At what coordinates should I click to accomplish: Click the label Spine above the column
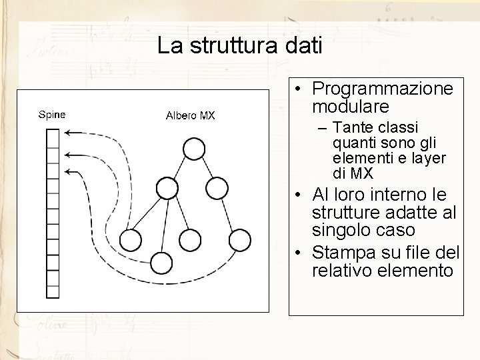click(x=51, y=114)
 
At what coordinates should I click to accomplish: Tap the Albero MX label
click(x=190, y=116)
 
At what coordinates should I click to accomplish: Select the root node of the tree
click(x=193, y=149)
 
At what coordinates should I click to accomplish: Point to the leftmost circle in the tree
click(x=131, y=239)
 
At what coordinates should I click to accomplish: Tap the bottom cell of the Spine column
click(x=53, y=297)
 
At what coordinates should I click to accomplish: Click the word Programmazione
click(x=382, y=89)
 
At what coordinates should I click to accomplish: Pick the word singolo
click(x=341, y=230)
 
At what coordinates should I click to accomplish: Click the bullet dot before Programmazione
click(x=301, y=89)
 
